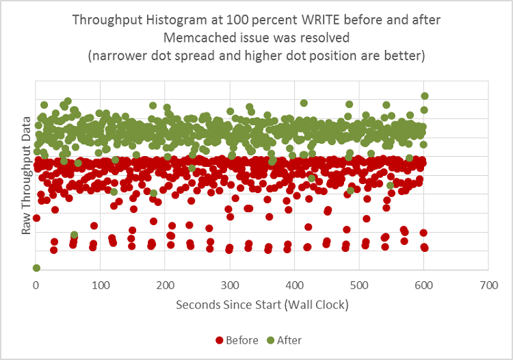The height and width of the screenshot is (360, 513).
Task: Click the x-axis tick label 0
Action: (36, 283)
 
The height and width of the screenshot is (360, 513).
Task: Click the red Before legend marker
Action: (220, 340)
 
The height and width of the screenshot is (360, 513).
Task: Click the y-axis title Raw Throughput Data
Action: (27, 175)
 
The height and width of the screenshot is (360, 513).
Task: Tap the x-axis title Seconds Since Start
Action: (233, 303)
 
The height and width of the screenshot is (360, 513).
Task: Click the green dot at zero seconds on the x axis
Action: (36, 268)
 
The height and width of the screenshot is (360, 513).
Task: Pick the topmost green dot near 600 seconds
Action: (425, 97)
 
